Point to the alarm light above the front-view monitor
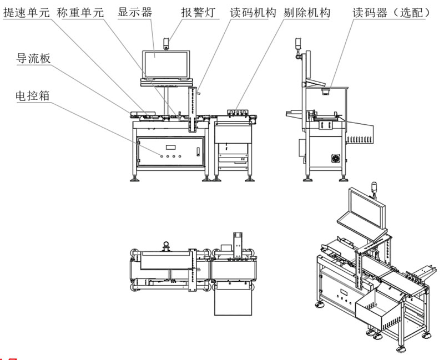tap(166, 42)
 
